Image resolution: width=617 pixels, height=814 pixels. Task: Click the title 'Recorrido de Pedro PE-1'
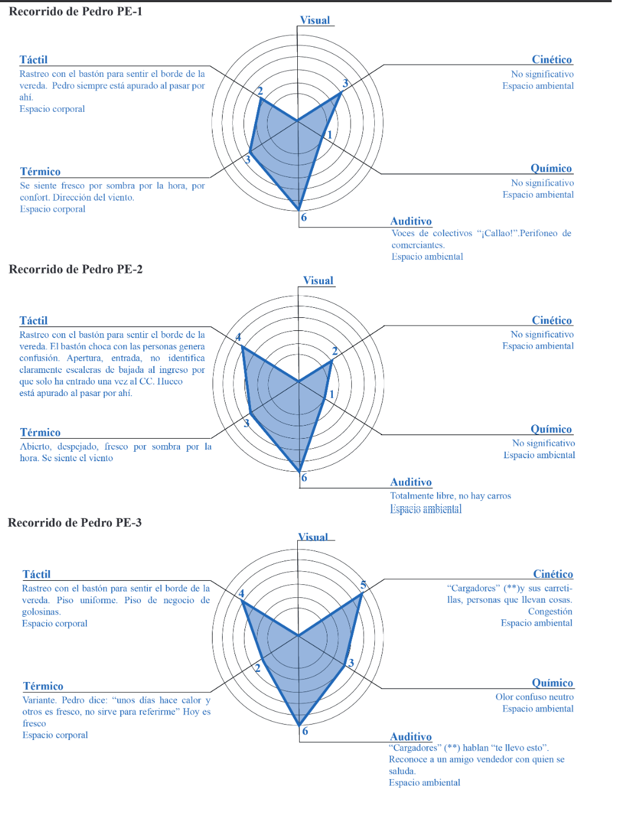click(x=75, y=11)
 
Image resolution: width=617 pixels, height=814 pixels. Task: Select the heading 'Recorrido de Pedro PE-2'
click(x=75, y=269)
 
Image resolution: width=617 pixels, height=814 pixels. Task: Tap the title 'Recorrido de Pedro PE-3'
click(x=75, y=523)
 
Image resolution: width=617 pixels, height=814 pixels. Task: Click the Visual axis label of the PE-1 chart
click(x=314, y=20)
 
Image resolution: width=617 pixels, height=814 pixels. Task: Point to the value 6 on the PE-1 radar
click(x=304, y=217)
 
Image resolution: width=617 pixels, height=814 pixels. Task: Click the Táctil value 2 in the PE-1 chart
click(x=259, y=91)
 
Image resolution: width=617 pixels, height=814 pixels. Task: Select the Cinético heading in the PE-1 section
click(x=551, y=59)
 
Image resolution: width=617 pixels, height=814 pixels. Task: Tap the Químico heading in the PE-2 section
click(x=551, y=429)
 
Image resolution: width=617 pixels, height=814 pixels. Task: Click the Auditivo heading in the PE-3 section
click(x=410, y=736)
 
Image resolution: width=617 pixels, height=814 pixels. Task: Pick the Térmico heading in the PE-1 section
click(x=40, y=172)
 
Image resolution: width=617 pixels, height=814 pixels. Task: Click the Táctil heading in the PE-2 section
click(x=33, y=320)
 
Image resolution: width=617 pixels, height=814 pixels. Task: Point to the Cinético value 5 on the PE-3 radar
click(x=364, y=585)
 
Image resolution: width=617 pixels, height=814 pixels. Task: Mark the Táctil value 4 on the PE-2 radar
click(x=239, y=337)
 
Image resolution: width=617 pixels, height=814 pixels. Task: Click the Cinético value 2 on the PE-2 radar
click(x=335, y=351)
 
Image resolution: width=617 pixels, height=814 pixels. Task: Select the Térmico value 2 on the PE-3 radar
click(x=258, y=668)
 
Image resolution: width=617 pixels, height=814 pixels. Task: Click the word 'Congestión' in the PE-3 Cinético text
click(x=549, y=612)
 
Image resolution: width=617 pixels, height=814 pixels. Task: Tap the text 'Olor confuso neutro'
click(x=534, y=697)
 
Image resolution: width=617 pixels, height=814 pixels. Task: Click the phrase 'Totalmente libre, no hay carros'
click(x=450, y=496)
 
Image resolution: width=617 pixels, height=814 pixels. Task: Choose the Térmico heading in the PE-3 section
click(x=43, y=686)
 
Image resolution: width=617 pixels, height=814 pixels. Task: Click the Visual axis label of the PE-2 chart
click(x=318, y=281)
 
